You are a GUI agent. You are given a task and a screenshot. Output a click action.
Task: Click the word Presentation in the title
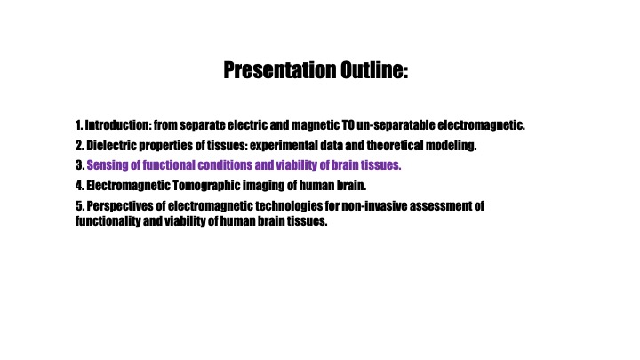click(280, 70)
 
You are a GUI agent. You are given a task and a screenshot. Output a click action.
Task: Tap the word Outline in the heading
click(372, 70)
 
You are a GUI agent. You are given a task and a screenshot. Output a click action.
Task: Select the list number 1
click(79, 125)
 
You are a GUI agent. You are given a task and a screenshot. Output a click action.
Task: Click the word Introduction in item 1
click(117, 125)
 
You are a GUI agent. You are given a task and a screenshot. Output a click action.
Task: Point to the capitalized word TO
click(348, 125)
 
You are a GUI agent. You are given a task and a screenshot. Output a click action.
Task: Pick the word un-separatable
click(396, 125)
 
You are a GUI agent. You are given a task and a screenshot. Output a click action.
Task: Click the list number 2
click(80, 145)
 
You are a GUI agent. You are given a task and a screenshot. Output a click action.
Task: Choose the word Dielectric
click(111, 145)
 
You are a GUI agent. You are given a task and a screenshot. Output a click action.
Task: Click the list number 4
click(80, 186)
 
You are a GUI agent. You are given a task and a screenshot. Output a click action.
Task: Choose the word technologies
click(289, 206)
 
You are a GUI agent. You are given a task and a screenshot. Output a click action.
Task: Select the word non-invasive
click(374, 205)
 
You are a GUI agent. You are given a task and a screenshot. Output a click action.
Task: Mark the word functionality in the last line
click(108, 221)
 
